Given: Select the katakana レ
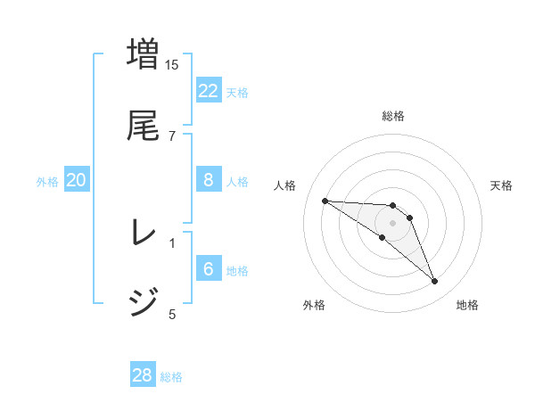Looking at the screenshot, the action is [144, 233].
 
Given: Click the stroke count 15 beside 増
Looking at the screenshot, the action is [172, 64].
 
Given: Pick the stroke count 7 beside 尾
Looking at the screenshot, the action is [172, 136].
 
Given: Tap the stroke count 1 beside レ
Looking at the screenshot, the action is [172, 242].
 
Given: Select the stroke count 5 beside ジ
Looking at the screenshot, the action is [172, 313].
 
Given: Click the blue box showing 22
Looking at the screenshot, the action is [209, 91].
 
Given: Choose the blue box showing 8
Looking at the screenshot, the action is [209, 180].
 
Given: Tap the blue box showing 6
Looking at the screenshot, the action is [209, 269].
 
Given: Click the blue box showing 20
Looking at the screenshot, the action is [77, 180].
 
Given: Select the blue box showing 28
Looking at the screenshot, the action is [143, 375].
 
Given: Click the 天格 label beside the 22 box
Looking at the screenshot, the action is [237, 92].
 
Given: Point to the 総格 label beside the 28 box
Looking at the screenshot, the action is [171, 377].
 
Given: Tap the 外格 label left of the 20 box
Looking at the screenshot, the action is [47, 182].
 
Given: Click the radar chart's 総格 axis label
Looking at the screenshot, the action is [393, 116].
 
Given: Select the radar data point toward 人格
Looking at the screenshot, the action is [325, 201].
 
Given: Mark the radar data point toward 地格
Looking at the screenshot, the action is [435, 282].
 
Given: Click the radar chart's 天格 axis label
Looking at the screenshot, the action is [502, 185].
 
